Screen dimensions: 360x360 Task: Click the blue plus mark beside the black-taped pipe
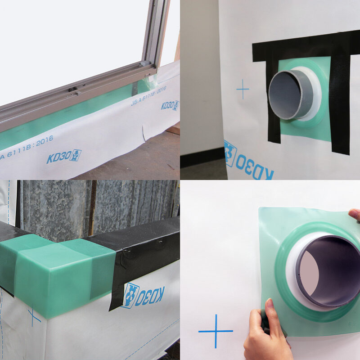pyautogui.click(x=243, y=90)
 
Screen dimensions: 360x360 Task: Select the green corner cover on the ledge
pyautogui.click(x=58, y=270)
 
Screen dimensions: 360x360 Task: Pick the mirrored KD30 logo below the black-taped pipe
pyautogui.click(x=248, y=161)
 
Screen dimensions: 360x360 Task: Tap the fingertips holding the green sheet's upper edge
pyautogui.click(x=355, y=215)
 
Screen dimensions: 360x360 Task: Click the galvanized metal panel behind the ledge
pyautogui.click(x=90, y=202)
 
